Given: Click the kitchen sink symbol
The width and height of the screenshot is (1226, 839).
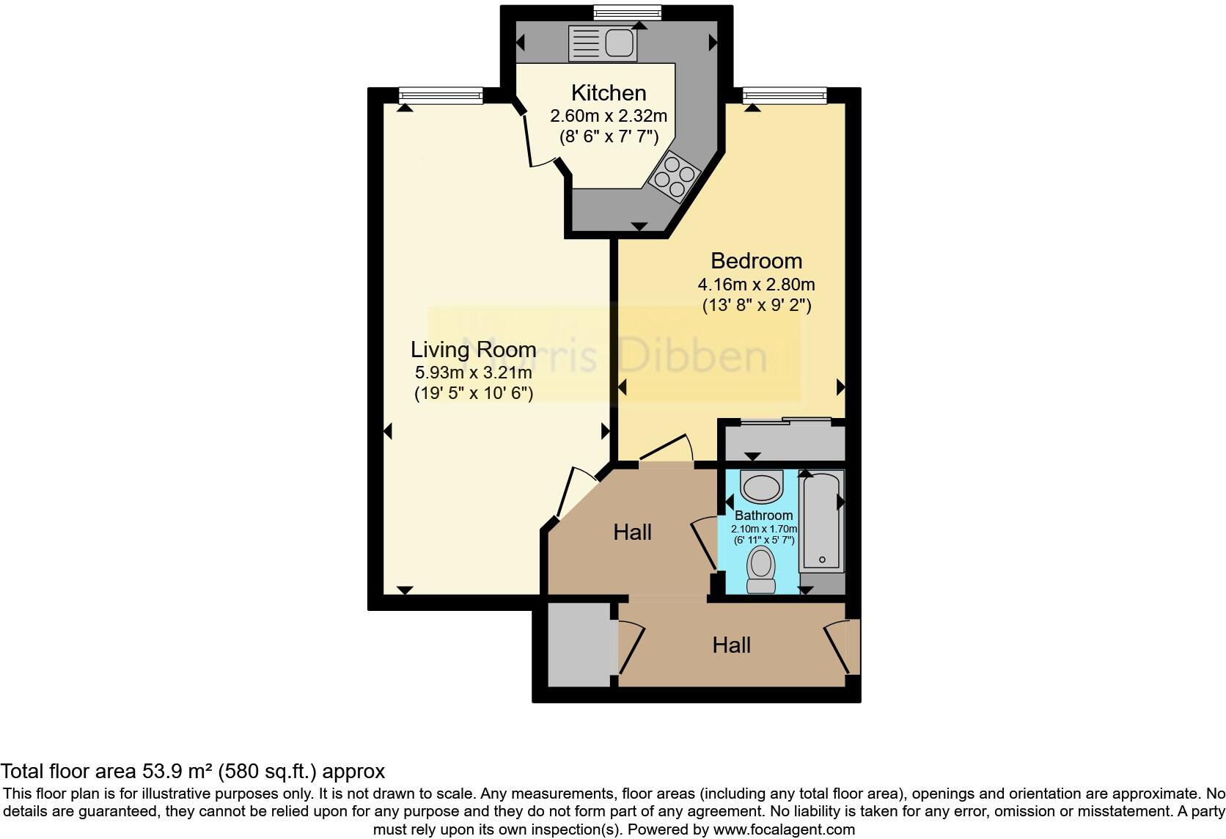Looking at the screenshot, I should (x=602, y=43).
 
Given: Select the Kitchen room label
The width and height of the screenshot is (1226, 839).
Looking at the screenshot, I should (x=609, y=93).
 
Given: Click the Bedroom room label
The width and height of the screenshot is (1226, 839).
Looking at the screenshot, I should (x=756, y=261).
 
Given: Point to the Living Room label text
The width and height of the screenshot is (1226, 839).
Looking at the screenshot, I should (x=473, y=349).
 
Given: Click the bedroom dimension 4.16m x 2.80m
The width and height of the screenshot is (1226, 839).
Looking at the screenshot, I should (x=756, y=285).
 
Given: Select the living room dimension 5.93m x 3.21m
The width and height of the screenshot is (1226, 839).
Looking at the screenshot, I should (x=473, y=373).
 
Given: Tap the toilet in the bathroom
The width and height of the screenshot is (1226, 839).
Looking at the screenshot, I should (x=761, y=571).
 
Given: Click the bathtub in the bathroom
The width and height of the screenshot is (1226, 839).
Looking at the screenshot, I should (x=821, y=522).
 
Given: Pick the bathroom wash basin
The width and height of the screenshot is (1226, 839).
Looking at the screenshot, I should (x=763, y=486).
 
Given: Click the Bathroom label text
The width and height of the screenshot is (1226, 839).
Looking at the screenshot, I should (x=763, y=516).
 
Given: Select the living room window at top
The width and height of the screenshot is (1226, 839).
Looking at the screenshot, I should (x=441, y=95).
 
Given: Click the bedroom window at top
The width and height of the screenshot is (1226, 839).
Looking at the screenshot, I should (x=784, y=95).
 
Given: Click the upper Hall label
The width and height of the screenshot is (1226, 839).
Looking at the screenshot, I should (x=632, y=532).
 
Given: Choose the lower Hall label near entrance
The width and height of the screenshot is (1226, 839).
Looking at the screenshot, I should (x=731, y=645).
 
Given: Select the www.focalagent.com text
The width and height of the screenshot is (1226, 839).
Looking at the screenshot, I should (x=784, y=830).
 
